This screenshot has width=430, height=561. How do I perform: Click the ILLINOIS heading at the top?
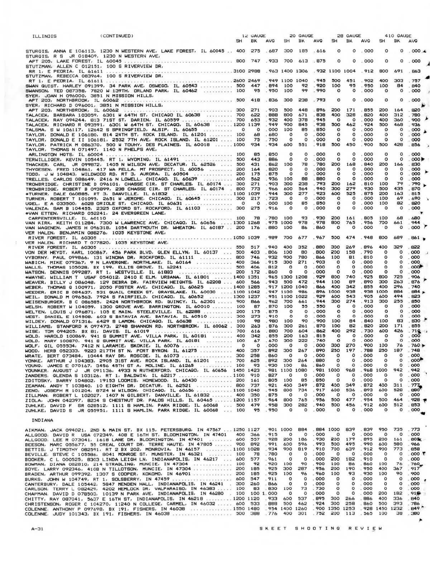[45, 36]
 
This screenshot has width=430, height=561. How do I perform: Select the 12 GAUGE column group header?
[253, 36]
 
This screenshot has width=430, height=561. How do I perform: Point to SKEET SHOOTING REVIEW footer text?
[320, 528]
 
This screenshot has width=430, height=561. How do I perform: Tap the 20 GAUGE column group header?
[301, 36]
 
